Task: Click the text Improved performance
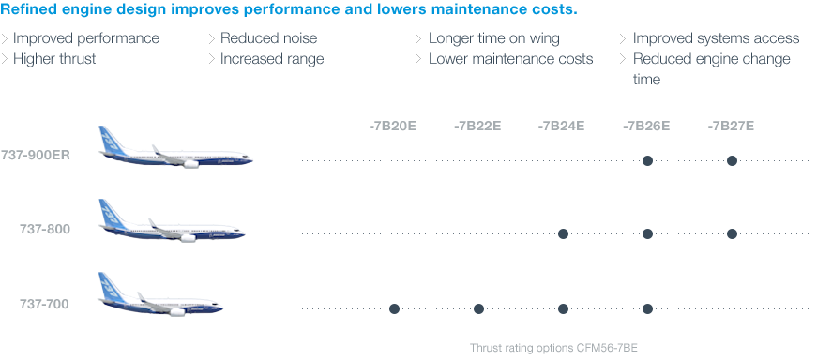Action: pyautogui.click(x=86, y=38)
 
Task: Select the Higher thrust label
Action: pyautogui.click(x=54, y=58)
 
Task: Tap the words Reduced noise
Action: pyautogui.click(x=268, y=38)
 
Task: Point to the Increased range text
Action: pyautogui.click(x=272, y=58)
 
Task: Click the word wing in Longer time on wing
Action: pyautogui.click(x=543, y=38)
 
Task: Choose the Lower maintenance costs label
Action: pyautogui.click(x=510, y=58)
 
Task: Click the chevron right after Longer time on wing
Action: pyautogui.click(x=623, y=38)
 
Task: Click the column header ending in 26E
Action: pyautogui.click(x=646, y=126)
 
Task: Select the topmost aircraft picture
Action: pyautogui.click(x=175, y=148)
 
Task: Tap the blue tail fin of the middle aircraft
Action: pyautogui.click(x=110, y=215)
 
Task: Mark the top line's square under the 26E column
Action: pyautogui.click(x=647, y=160)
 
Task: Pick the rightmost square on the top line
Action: pyautogui.click(x=733, y=160)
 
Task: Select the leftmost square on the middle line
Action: pyautogui.click(x=564, y=233)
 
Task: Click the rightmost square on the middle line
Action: pyautogui.click(x=733, y=233)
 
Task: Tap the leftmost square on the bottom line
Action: pyautogui.click(x=395, y=307)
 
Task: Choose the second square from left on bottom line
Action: pyautogui.click(x=479, y=307)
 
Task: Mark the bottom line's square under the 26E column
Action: pyautogui.click(x=648, y=307)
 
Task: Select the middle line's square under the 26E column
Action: pyautogui.click(x=648, y=233)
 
